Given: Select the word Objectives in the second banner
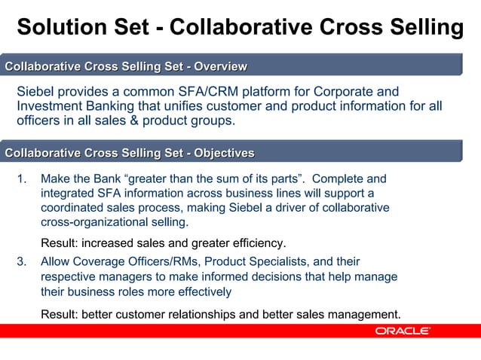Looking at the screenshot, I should [x=224, y=153].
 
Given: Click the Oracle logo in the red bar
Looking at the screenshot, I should [x=403, y=331].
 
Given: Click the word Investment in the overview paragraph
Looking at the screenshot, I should [x=51, y=106].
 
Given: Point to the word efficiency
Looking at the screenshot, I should [x=259, y=243].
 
